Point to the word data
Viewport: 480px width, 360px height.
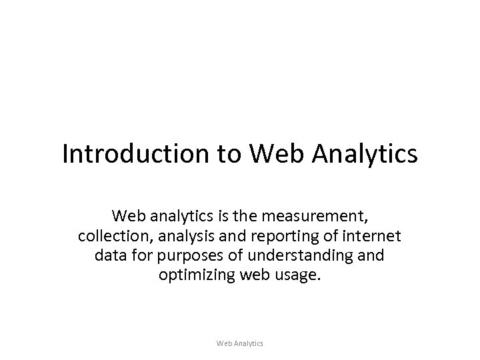tap(110, 255)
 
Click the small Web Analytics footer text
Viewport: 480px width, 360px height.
tap(240, 343)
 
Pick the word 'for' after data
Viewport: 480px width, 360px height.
tap(143, 255)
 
